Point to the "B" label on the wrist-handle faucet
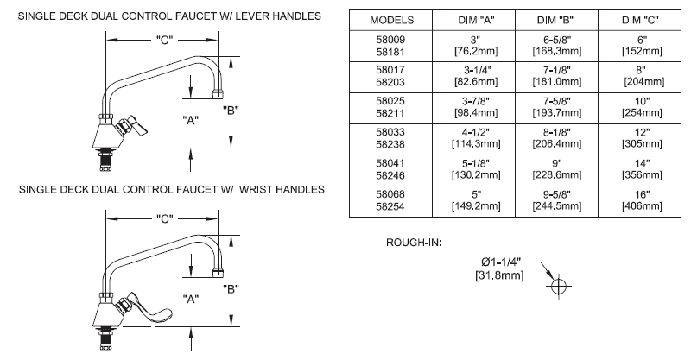click(x=231, y=288)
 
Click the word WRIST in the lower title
click(x=241, y=189)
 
